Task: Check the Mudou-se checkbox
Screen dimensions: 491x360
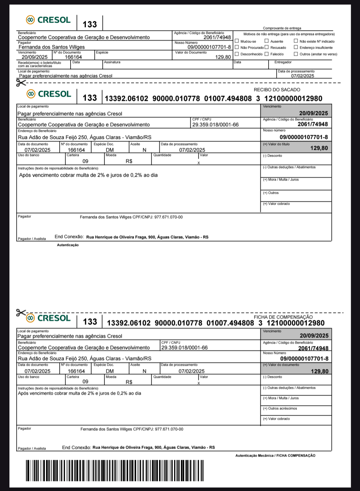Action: tap(237, 41)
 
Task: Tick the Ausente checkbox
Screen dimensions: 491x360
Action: tap(266, 41)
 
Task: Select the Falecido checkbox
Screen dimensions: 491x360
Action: tap(266, 54)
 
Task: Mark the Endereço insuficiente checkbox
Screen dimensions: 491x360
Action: tap(296, 47)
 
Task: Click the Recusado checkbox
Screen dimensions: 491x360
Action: tap(266, 47)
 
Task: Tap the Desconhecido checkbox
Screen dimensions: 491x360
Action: tap(237, 54)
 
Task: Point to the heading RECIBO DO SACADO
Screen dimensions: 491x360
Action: tap(277, 90)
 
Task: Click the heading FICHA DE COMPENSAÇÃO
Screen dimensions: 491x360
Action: tap(283, 317)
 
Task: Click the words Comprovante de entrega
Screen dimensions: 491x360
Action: tap(282, 28)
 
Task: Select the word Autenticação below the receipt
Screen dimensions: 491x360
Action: tap(68, 245)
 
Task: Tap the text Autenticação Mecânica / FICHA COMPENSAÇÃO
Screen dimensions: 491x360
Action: tap(275, 456)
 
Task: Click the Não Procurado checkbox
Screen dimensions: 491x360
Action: tap(237, 47)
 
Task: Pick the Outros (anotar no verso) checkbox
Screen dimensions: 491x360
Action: tap(296, 54)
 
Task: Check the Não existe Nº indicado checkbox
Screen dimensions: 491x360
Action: tap(296, 41)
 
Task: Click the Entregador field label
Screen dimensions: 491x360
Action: tap(283, 62)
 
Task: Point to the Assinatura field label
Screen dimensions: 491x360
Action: tap(112, 62)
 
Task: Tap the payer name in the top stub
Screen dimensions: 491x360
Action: tap(52, 47)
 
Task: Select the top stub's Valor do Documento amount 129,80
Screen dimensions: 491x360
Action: tap(223, 57)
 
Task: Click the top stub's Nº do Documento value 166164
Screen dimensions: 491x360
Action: tap(73, 57)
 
